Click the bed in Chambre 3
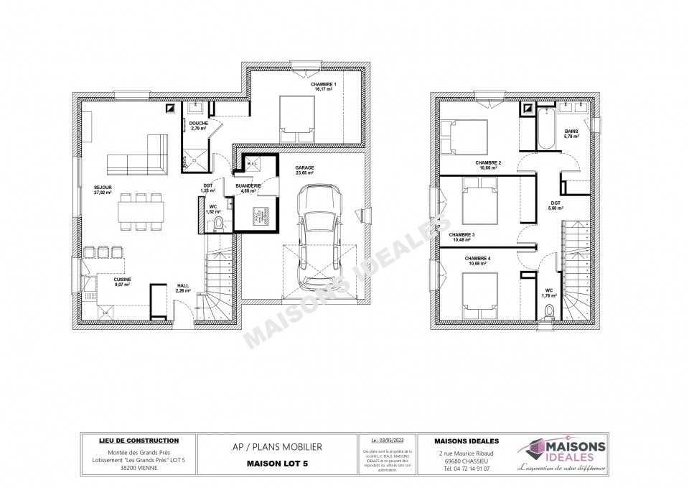pos(476,203)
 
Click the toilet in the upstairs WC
pos(550,311)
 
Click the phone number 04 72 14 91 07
pos(468,468)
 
